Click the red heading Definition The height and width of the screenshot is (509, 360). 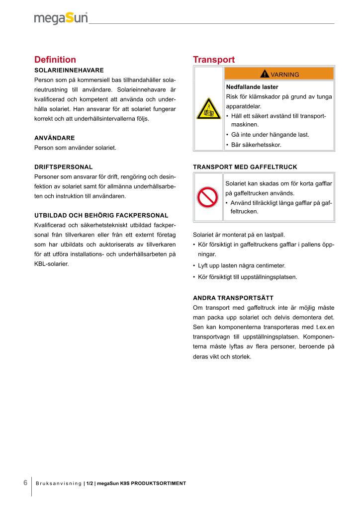pyautogui.click(x=55, y=60)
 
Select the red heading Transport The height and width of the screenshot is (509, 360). pyautogui.click(x=213, y=60)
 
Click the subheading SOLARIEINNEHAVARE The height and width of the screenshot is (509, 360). pyautogui.click(x=69, y=70)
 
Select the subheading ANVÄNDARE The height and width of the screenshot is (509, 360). pyautogui.click(x=54, y=137)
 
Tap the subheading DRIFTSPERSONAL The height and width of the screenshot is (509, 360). pyautogui.click(x=63, y=167)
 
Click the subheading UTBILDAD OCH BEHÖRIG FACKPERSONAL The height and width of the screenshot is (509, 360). pyautogui.click(x=101, y=215)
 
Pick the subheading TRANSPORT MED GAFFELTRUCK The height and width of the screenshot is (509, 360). pyautogui.click(x=245, y=167)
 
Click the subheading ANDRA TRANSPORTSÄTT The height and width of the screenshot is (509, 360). pyautogui.click(x=233, y=298)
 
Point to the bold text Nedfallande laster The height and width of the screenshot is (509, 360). pyautogui.click(x=252, y=87)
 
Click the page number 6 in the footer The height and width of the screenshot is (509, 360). pyautogui.click(x=25, y=483)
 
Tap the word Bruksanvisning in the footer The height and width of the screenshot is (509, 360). pyautogui.click(x=58, y=483)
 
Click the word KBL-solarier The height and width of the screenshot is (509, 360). pyautogui.click(x=51, y=264)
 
